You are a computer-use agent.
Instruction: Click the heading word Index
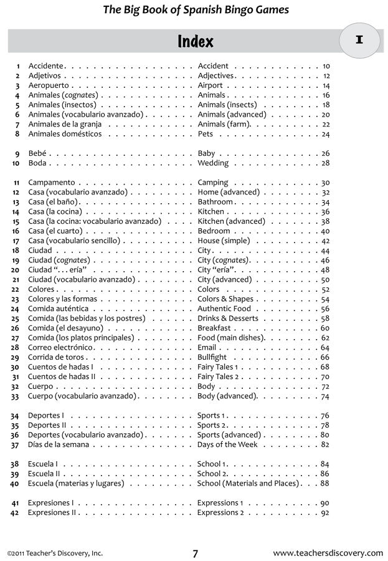195,42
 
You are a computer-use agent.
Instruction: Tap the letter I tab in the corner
359,41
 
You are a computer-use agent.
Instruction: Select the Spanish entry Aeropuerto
49,85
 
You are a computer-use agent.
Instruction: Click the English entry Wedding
213,163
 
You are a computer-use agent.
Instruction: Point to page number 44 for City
325,251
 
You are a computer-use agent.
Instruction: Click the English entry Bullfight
212,357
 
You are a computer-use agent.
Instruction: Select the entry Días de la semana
59,444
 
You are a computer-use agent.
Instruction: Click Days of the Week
227,444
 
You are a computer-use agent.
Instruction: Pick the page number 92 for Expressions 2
325,513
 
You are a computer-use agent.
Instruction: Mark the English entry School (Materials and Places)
247,483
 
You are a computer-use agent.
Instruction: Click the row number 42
16,513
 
